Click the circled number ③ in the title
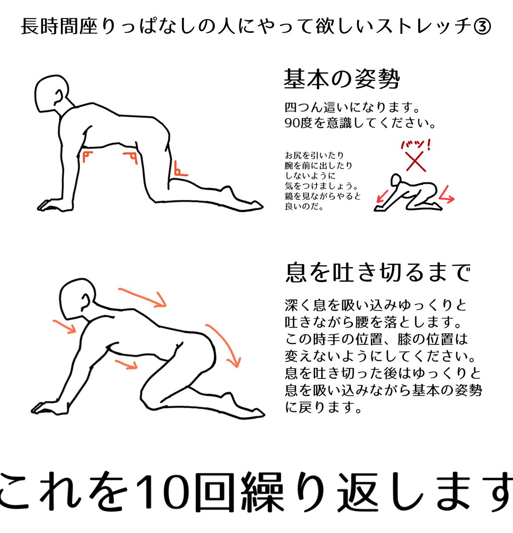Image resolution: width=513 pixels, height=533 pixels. click(482, 27)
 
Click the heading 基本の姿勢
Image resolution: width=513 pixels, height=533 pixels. click(342, 80)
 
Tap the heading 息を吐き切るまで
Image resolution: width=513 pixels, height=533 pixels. click(378, 272)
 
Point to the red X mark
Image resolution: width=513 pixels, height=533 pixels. click(416, 161)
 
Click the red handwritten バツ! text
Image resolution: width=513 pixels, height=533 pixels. click(415, 144)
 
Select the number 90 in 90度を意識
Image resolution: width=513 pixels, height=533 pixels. click(292, 123)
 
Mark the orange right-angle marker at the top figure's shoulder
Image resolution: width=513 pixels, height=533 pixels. click(87, 156)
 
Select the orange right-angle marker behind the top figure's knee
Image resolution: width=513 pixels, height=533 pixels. click(180, 170)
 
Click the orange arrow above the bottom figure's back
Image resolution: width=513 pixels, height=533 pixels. click(142, 297)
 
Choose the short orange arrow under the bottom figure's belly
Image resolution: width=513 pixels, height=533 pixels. click(125, 364)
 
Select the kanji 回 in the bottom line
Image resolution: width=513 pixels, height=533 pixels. click(214, 492)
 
